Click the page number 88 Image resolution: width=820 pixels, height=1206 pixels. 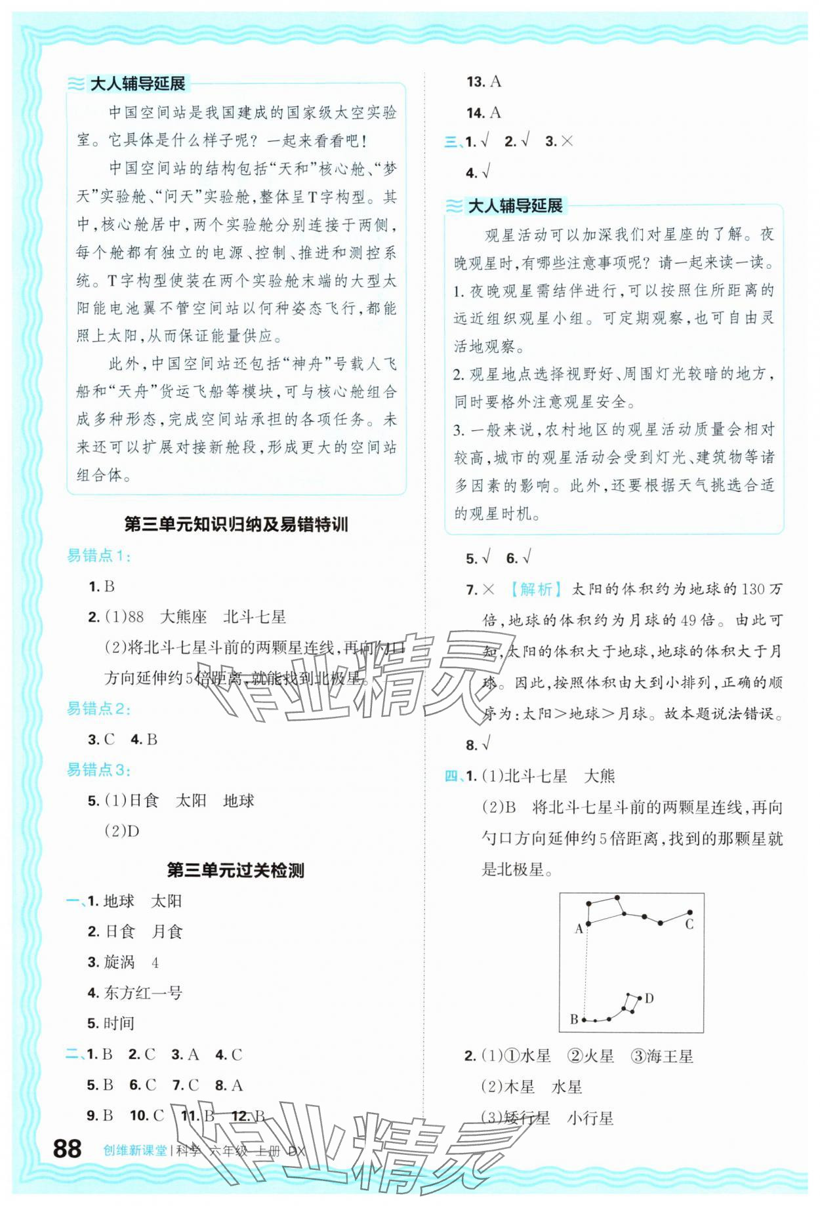pyautogui.click(x=67, y=1148)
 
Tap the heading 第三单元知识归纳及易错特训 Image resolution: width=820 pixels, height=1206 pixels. pyautogui.click(x=236, y=525)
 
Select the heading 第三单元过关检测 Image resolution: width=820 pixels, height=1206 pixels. pyautogui.click(x=236, y=870)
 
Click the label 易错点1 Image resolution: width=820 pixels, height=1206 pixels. pyautogui.click(x=98, y=556)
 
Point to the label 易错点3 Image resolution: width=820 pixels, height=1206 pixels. pyautogui.click(x=98, y=770)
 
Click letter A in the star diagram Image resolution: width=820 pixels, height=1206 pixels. pyautogui.click(x=579, y=929)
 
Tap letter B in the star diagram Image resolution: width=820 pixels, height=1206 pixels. pyautogui.click(x=574, y=1019)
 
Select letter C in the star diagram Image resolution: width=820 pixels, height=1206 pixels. pyautogui.click(x=689, y=925)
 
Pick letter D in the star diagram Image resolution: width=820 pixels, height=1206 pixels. pyautogui.click(x=649, y=999)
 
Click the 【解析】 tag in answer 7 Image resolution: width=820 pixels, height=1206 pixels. pyautogui.click(x=536, y=590)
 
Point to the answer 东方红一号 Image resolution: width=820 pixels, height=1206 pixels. pyautogui.click(x=143, y=993)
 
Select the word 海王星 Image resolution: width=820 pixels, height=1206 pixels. pyautogui.click(x=669, y=1056)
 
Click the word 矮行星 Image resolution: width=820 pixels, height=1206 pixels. pyautogui.click(x=527, y=1118)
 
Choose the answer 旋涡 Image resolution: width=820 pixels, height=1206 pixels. pyautogui.click(x=119, y=962)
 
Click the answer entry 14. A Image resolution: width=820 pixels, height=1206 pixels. pyautogui.click(x=484, y=113)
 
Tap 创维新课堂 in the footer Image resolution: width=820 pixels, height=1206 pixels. pyautogui.click(x=135, y=1151)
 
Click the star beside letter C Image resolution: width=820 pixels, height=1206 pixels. pyautogui.click(x=690, y=912)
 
